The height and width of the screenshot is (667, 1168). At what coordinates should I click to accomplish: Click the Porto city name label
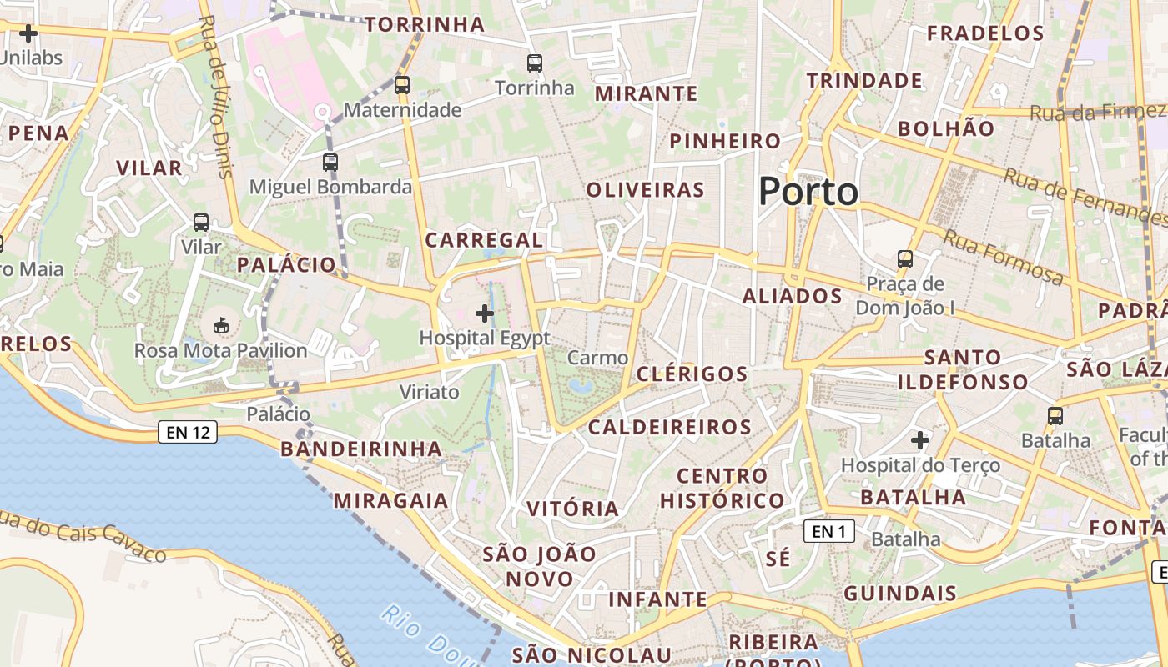tap(808, 192)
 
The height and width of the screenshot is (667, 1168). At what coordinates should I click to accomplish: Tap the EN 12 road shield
tap(188, 432)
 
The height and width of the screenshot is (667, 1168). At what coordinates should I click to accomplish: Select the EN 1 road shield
tap(828, 531)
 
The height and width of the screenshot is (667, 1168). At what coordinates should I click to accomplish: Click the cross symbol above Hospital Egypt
tap(484, 313)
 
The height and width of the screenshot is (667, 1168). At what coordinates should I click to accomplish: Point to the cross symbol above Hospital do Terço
tap(920, 439)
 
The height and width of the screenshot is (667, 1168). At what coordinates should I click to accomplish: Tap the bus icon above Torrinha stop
tap(534, 63)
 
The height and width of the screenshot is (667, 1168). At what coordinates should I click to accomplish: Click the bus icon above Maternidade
tap(402, 84)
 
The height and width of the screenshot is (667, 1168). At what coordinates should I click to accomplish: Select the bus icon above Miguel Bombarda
tap(330, 162)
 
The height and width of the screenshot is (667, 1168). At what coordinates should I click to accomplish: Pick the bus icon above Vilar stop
tap(201, 223)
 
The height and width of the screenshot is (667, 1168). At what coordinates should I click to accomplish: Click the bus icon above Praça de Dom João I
tap(905, 258)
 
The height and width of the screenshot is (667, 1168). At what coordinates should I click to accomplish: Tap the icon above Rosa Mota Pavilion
tap(221, 325)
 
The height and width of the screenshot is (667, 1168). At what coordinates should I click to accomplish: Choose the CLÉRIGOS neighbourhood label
tap(692, 374)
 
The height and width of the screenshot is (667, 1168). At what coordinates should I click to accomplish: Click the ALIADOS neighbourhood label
tap(792, 296)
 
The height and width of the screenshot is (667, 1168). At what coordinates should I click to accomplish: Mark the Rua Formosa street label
tap(1003, 257)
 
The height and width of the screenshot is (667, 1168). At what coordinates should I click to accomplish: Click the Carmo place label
tap(597, 358)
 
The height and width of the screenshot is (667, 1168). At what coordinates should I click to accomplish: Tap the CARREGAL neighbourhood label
tap(484, 240)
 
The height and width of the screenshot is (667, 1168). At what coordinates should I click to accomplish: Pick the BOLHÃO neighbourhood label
tap(946, 128)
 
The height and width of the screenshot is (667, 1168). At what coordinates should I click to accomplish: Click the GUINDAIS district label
tap(899, 594)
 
